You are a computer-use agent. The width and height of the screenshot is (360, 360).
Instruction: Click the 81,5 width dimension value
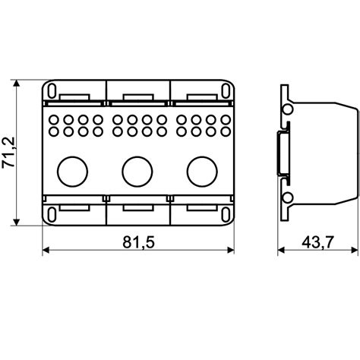point(138,242)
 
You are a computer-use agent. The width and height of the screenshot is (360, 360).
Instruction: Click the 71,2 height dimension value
point(8,153)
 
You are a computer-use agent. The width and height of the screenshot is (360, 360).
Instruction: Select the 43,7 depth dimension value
point(317,242)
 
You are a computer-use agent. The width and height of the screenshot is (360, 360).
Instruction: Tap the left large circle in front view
point(73,172)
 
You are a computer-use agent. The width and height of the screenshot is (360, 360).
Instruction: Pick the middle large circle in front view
point(137,172)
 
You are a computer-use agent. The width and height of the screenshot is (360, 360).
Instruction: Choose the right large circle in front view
point(202,172)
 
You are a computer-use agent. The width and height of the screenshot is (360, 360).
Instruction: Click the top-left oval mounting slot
point(52,90)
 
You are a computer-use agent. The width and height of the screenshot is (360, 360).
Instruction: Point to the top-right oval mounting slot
point(226,90)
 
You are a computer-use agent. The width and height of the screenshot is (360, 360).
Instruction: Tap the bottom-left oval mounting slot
point(52,215)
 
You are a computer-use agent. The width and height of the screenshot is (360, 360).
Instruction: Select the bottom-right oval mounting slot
point(226,215)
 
